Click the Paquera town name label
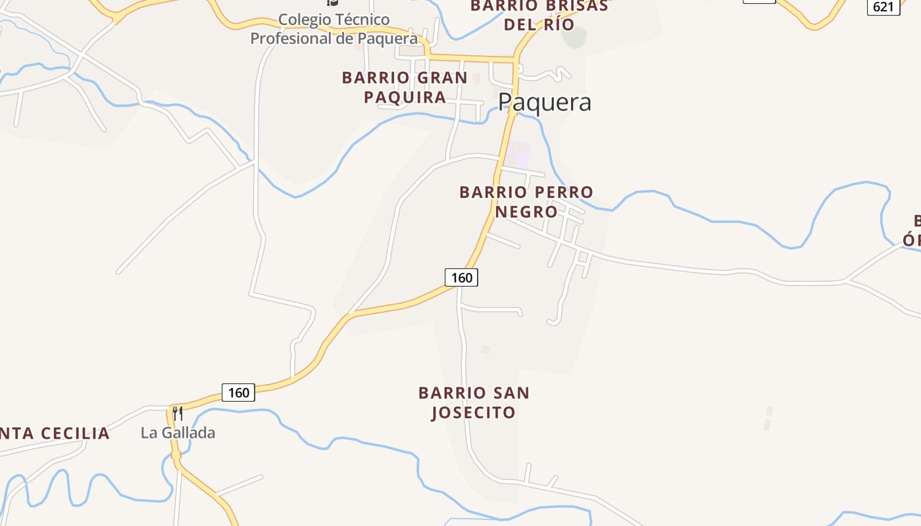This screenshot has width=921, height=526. pyautogui.click(x=544, y=103)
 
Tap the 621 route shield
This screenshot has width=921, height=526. pyautogui.click(x=883, y=7)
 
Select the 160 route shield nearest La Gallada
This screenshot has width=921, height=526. pyautogui.click(x=238, y=393)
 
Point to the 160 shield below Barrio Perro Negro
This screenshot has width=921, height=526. pyautogui.click(x=461, y=277)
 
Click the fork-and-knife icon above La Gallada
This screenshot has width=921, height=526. pyautogui.click(x=177, y=414)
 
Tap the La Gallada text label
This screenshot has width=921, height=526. pyautogui.click(x=178, y=433)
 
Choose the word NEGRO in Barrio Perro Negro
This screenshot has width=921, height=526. pyautogui.click(x=526, y=212)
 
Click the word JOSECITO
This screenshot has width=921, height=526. pyautogui.click(x=473, y=413)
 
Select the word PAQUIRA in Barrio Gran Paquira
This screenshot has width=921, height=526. pyautogui.click(x=405, y=97)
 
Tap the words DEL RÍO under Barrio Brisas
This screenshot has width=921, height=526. pyautogui.click(x=539, y=25)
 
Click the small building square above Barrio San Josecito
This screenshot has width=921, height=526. pyautogui.click(x=485, y=350)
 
